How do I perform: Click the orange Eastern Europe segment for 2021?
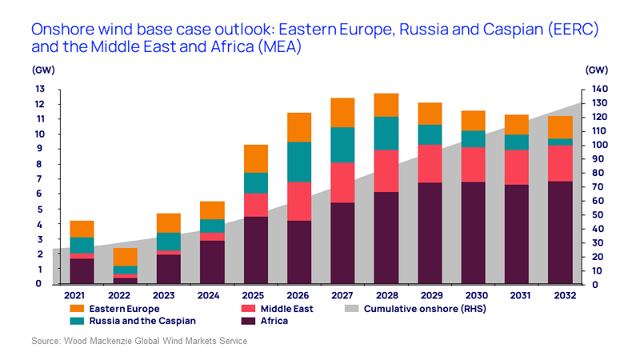click(82, 229)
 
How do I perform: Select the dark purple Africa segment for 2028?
click(386, 238)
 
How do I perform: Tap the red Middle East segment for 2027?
click(342, 182)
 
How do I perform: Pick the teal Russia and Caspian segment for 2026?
click(299, 162)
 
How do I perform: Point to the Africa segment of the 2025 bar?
click(255, 250)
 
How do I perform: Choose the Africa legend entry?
click(267, 321)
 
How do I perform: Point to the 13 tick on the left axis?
click(38, 89)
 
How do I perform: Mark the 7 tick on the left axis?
click(38, 179)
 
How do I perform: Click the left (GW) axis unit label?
click(43, 70)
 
